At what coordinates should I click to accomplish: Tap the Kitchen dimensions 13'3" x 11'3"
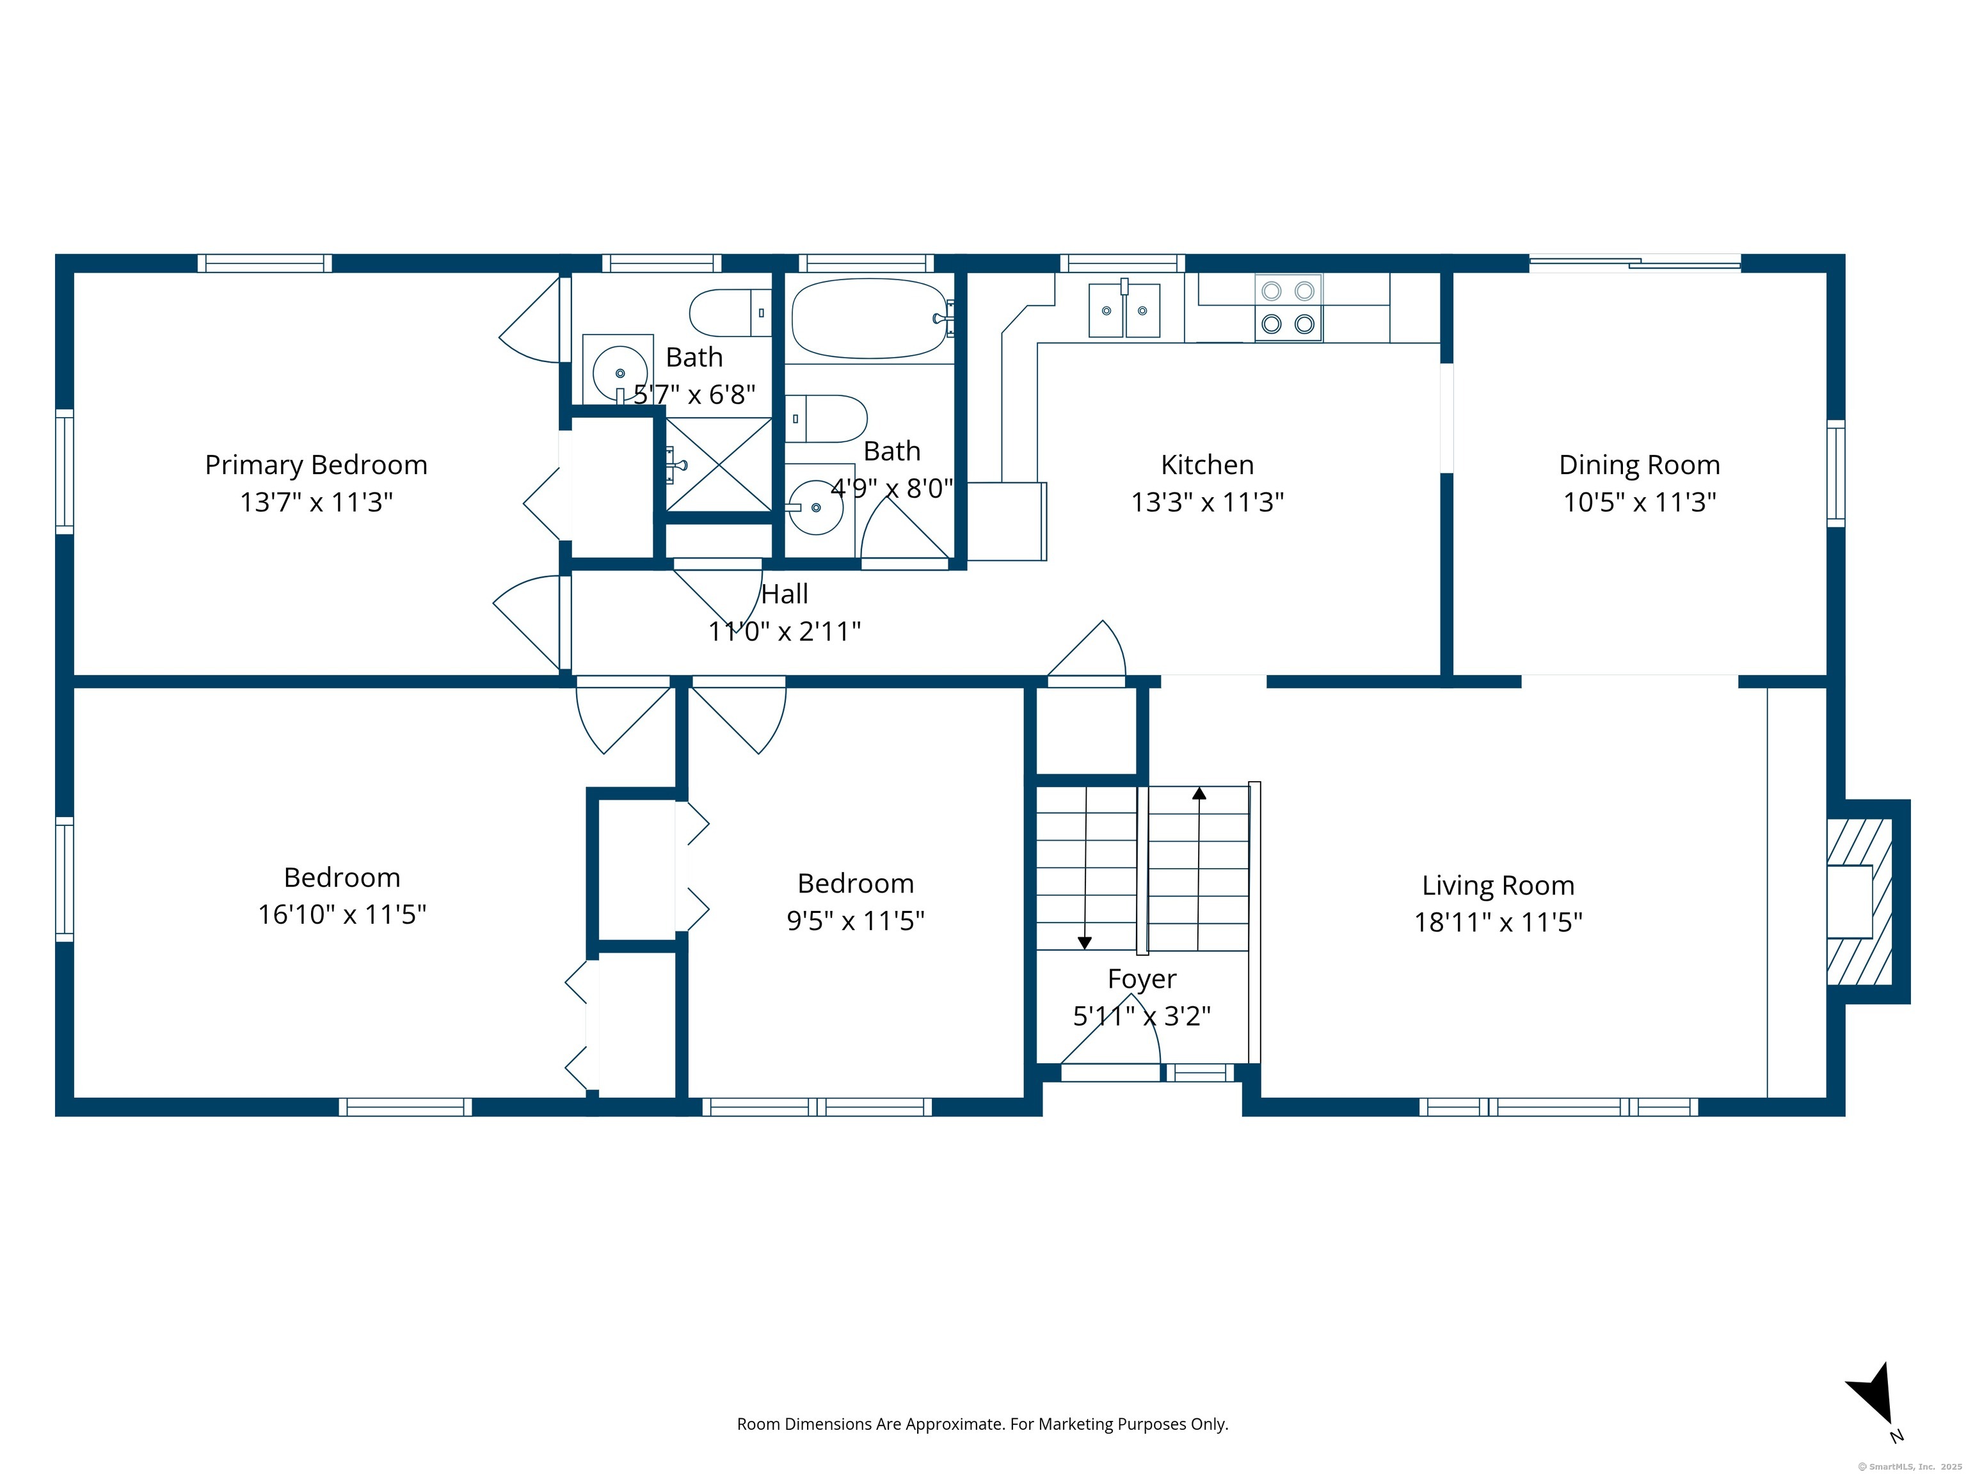point(1207,502)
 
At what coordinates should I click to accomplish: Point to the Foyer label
point(1142,978)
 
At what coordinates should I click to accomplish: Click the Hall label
point(785,594)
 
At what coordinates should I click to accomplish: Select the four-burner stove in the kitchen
point(1288,308)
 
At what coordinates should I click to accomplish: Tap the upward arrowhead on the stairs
point(1199,793)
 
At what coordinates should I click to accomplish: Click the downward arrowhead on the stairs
point(1084,944)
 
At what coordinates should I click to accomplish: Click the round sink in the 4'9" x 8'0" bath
point(816,507)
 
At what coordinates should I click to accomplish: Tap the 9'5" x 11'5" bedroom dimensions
point(855,921)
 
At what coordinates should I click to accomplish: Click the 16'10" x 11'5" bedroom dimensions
point(342,914)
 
